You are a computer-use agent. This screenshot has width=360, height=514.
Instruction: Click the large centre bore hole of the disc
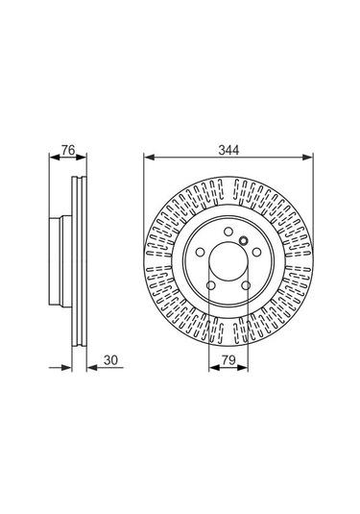pyautogui.click(x=227, y=262)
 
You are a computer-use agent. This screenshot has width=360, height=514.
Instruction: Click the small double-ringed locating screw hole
pyautogui.click(x=245, y=241)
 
